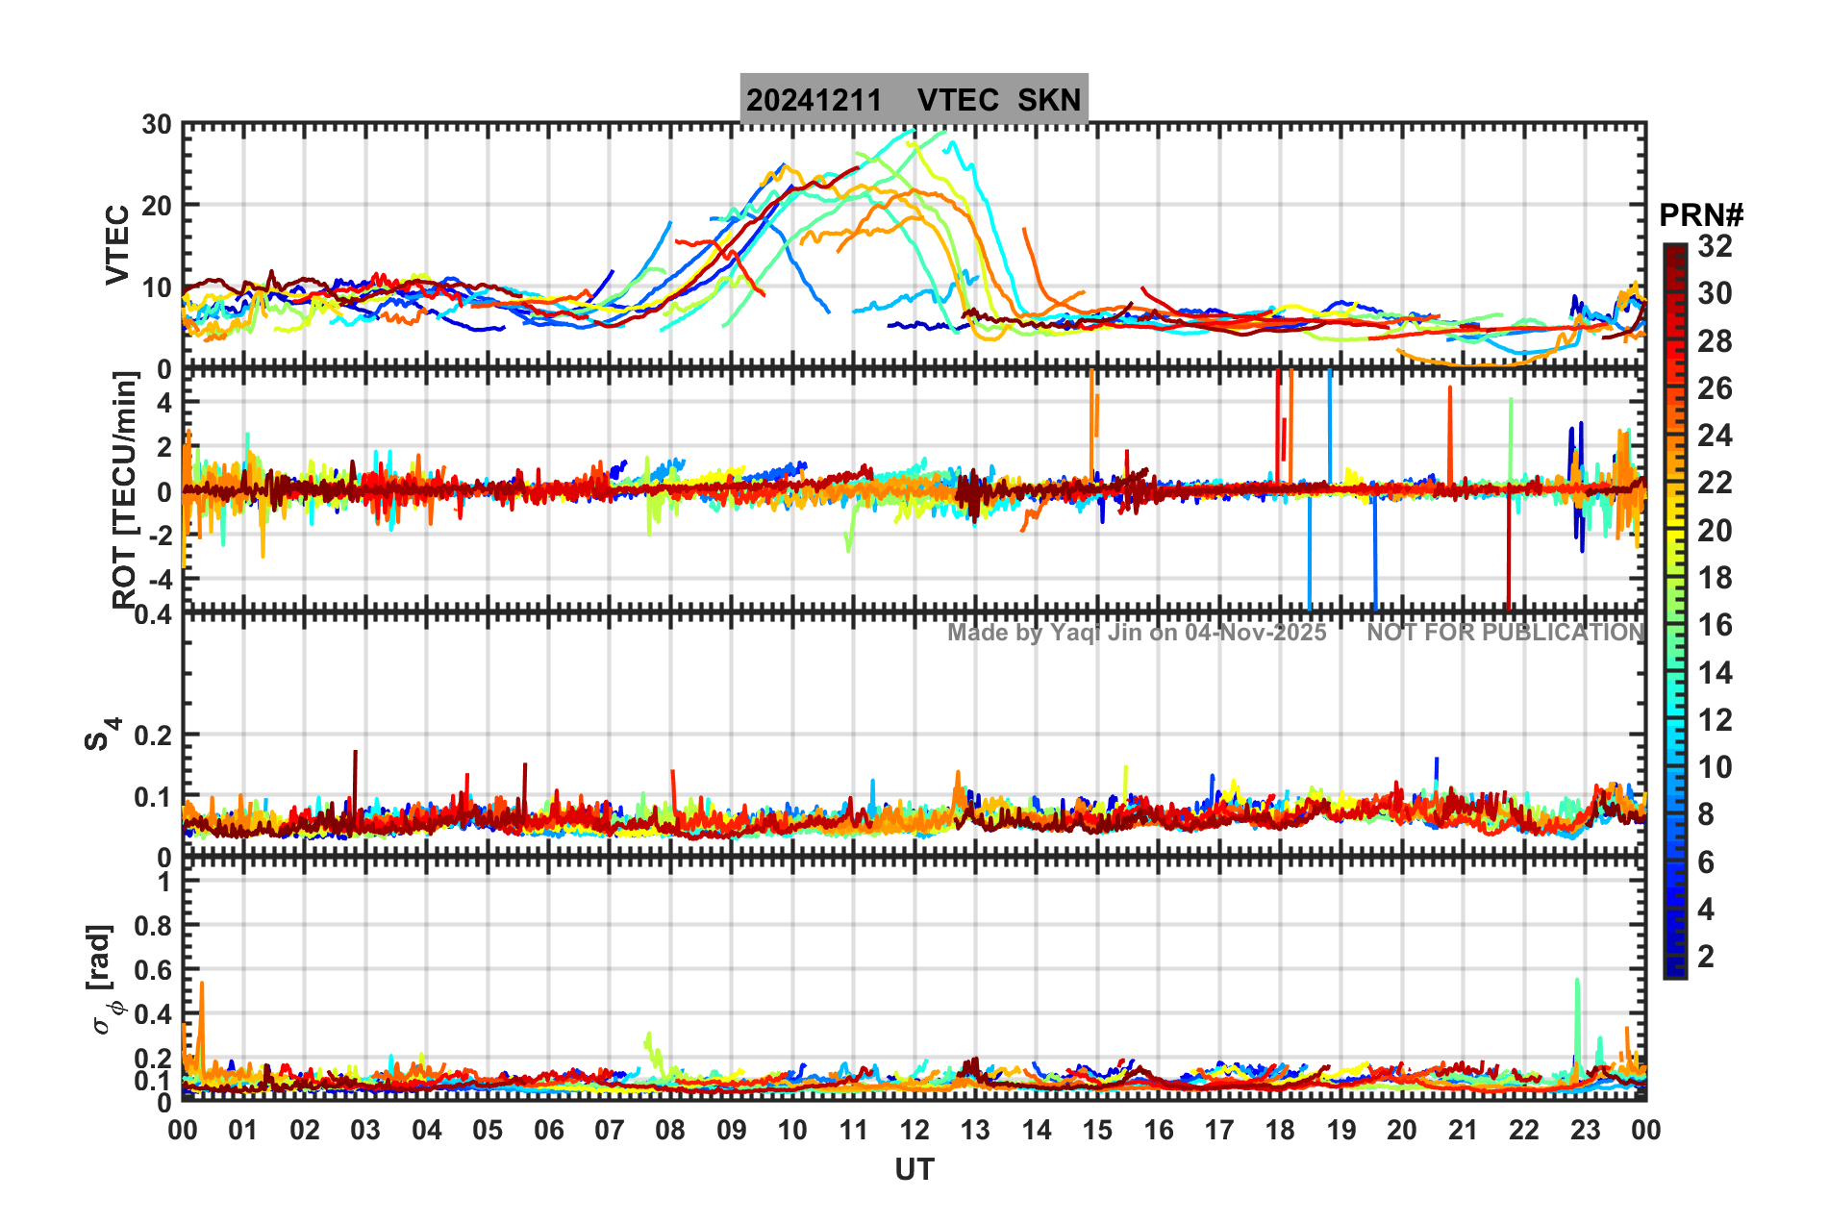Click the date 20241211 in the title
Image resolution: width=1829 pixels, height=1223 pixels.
[814, 100]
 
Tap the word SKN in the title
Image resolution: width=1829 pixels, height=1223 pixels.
[1049, 100]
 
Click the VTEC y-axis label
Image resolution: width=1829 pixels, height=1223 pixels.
[117, 244]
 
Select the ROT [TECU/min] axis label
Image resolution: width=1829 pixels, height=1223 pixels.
[124, 489]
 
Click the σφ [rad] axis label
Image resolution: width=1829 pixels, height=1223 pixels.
[106, 980]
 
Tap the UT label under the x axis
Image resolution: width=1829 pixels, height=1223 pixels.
[914, 1169]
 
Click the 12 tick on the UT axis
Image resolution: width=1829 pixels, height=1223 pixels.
[914, 1130]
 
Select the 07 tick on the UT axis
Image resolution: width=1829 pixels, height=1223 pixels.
[609, 1130]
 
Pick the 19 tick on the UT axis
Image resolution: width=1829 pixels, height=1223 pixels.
[1340, 1130]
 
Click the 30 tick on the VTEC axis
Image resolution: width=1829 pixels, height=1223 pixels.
[156, 124]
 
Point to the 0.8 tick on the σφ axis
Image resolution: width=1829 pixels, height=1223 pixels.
[151, 926]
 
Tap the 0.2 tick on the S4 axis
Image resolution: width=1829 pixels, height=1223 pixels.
[151, 736]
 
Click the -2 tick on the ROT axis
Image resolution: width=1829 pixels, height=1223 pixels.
[158, 536]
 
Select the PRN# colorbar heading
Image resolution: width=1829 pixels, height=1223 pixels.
[1701, 215]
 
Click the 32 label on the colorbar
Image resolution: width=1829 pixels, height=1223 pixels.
[1715, 246]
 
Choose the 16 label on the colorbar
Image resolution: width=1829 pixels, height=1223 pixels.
[1715, 626]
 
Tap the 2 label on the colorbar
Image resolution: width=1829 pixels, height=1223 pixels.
[1706, 957]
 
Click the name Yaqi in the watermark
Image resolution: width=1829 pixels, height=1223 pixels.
[1074, 633]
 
